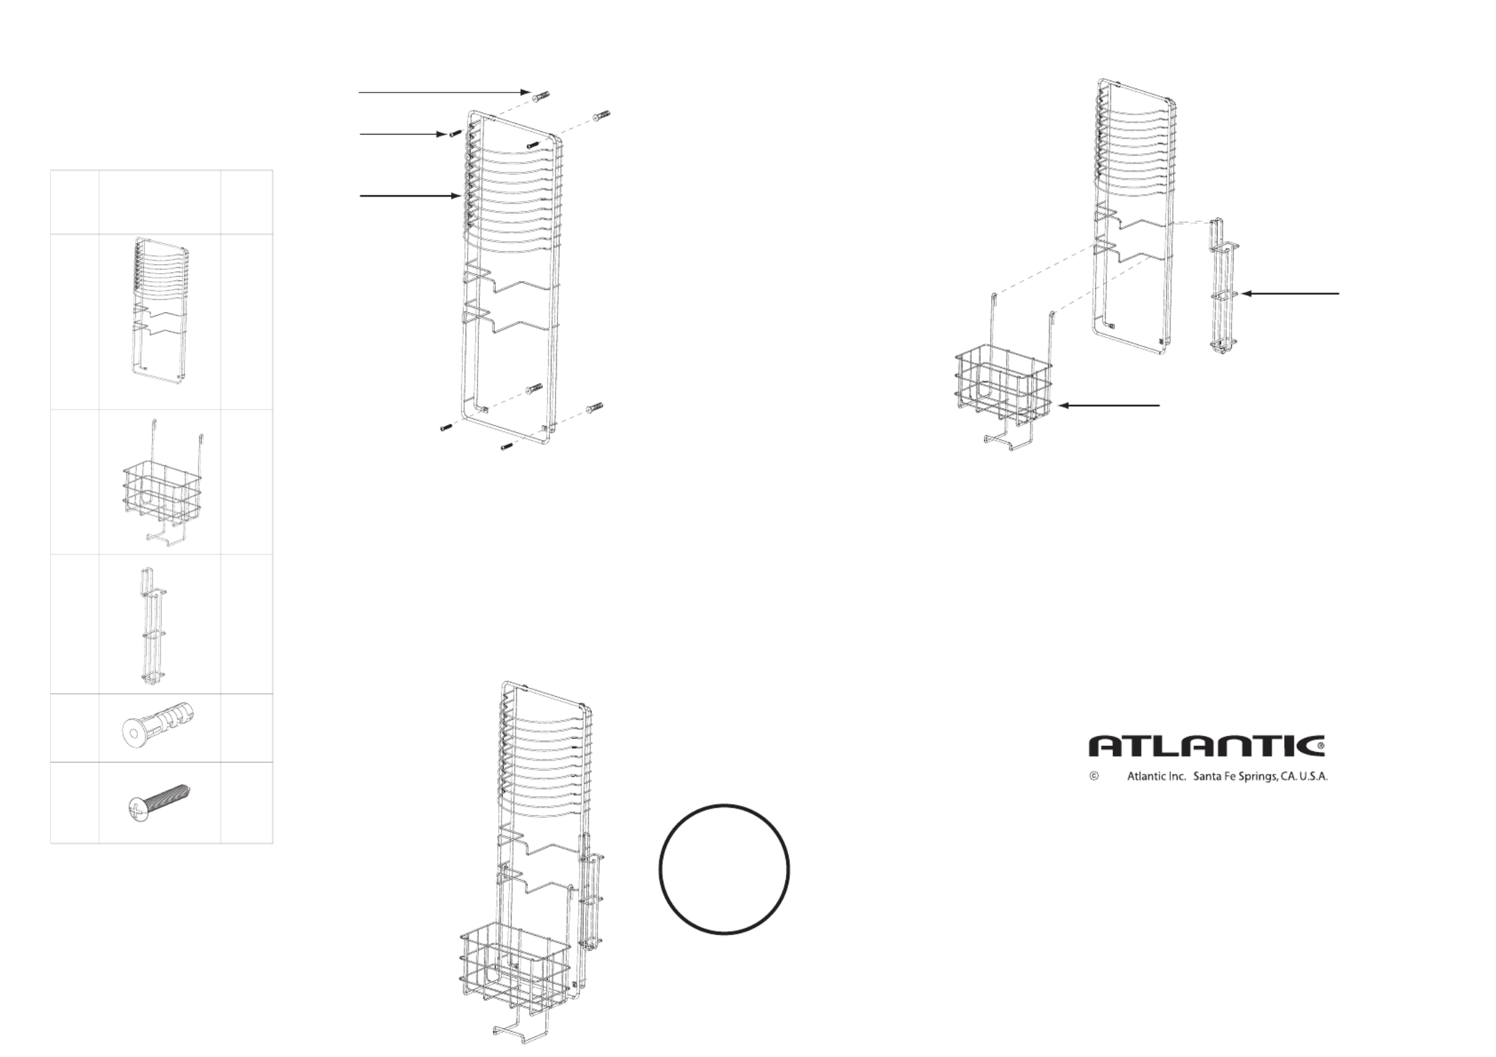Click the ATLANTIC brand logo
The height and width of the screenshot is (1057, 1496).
coord(1206,746)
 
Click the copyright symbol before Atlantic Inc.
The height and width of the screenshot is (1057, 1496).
coord(1094,776)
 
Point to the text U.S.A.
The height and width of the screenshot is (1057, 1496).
coord(1309,777)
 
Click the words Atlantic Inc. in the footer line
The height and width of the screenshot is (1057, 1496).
coord(1156,777)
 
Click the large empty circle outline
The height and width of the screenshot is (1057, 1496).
coord(724,869)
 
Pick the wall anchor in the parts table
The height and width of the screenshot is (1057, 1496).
coord(159,728)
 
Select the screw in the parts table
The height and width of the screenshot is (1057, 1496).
coord(159,802)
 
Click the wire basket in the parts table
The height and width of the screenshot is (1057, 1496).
coord(163,490)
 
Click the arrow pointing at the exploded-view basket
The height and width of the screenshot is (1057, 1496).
coord(1109,405)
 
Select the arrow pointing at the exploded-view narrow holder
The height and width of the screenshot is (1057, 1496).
coord(1290,294)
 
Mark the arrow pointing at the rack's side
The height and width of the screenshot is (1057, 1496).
coord(410,196)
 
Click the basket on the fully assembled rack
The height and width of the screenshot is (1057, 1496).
coord(516,968)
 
